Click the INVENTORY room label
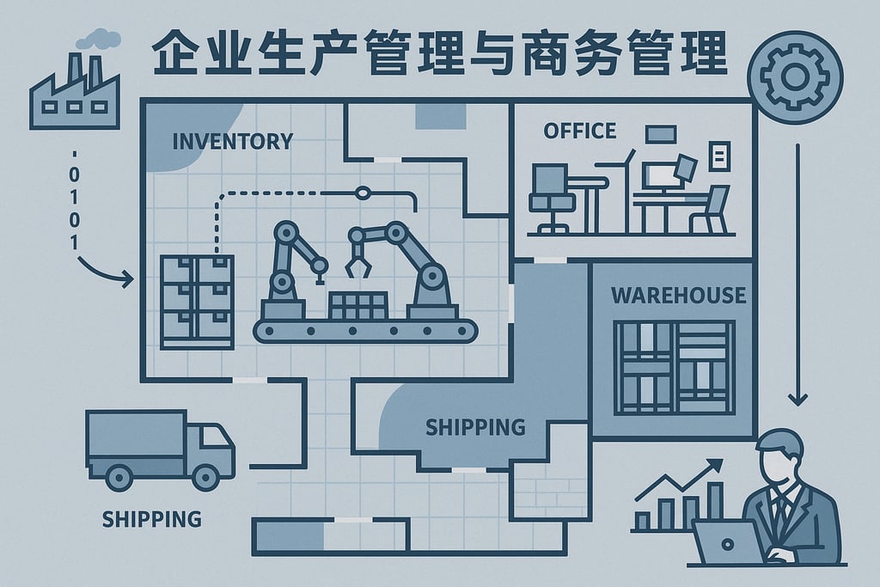(232, 140)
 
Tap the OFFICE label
(580, 131)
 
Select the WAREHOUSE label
(678, 295)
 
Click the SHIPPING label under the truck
(151, 519)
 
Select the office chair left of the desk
(550, 198)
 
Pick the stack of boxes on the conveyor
(357, 306)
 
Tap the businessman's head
(778, 456)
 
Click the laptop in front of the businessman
(726, 542)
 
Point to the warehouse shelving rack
(674, 367)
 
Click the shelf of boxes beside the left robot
(196, 301)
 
